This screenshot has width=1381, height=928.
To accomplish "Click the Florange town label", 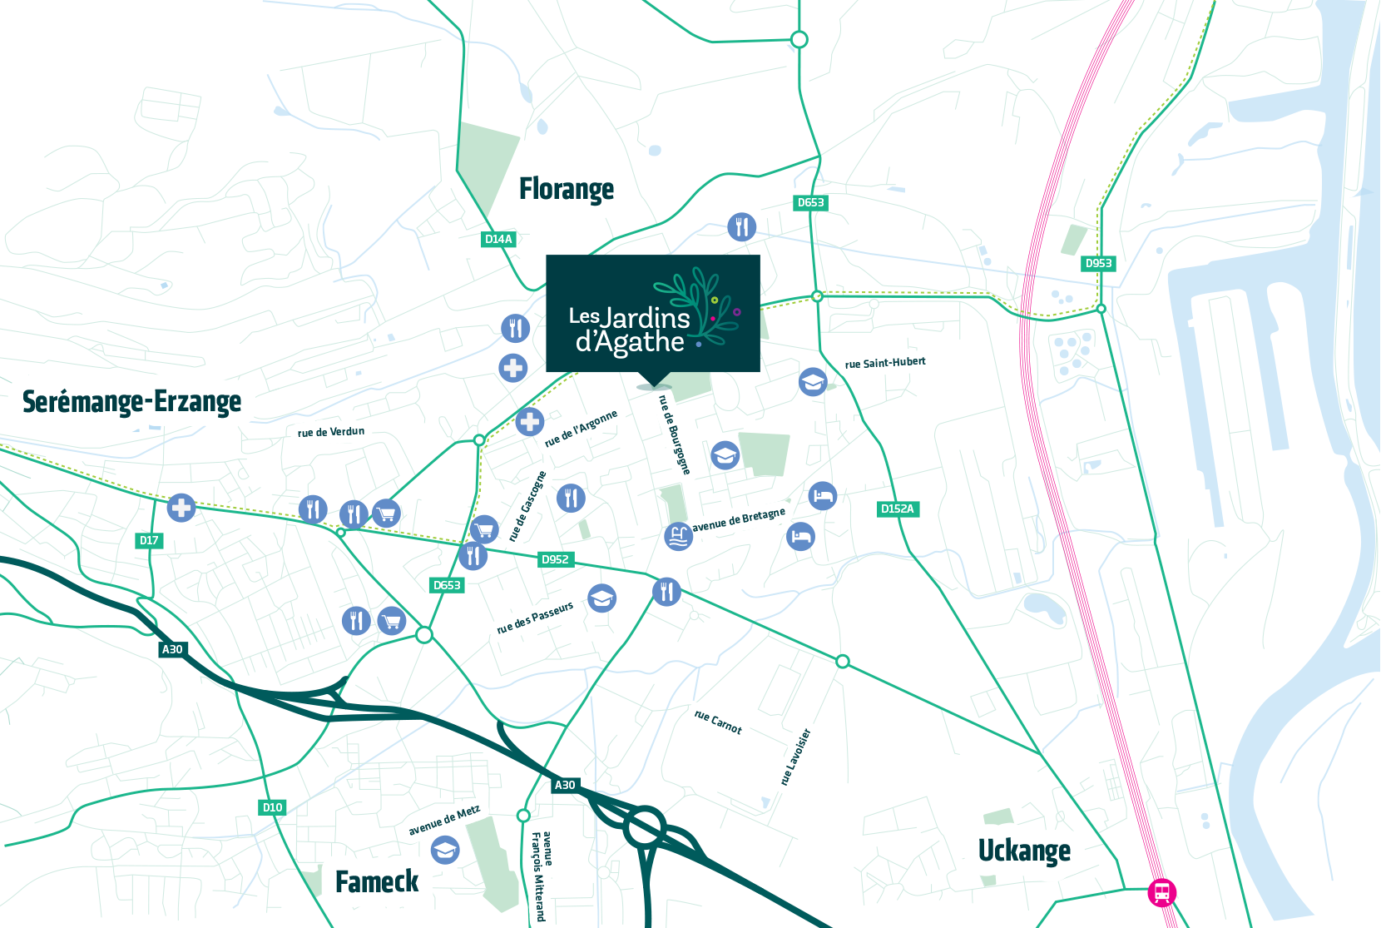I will coord(567,190).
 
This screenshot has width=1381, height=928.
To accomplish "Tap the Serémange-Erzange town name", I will coord(131,402).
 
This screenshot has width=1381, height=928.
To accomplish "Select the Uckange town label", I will coord(1024,851).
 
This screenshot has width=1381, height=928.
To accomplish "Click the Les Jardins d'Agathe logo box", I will coord(653,314).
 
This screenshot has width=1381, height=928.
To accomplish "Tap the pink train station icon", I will coord(1162,892).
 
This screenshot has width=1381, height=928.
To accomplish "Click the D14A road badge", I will coord(498,239).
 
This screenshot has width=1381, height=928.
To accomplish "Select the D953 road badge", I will coord(1098,263).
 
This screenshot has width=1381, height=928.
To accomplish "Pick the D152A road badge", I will coord(898,509).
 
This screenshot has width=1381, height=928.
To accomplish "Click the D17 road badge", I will coord(149,540).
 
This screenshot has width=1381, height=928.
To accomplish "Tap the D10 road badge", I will coord(272,807).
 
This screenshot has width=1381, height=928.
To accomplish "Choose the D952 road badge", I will coord(555,559).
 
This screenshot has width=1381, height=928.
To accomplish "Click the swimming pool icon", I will coord(679,536).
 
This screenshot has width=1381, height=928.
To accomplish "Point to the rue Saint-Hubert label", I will coord(885,363).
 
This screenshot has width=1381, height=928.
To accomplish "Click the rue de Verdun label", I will coord(331,432).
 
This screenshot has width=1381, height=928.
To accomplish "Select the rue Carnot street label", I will coord(718,722).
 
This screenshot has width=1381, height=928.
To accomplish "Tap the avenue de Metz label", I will coord(444,821).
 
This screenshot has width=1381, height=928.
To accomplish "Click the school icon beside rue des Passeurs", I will coord(601,598).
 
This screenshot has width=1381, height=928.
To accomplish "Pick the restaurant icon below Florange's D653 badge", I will coord(742,226).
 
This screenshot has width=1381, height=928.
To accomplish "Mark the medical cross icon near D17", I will coord(181,507).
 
